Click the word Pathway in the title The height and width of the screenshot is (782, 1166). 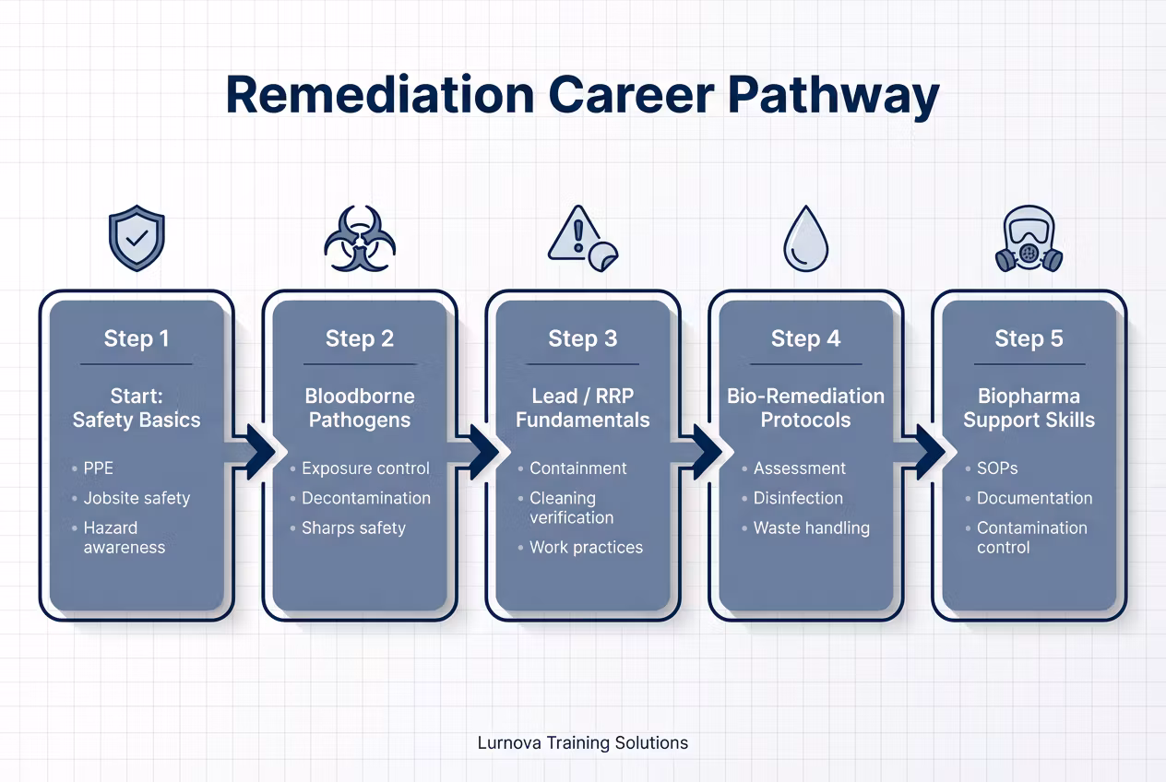click(x=833, y=97)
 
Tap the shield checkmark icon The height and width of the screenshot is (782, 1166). click(x=137, y=238)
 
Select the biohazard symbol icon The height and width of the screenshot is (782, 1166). click(x=360, y=238)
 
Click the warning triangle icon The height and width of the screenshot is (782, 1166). click(x=582, y=238)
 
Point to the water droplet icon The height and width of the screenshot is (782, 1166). click(x=806, y=238)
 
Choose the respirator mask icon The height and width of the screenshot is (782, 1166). click(x=1029, y=238)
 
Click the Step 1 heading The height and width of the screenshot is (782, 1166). click(x=137, y=338)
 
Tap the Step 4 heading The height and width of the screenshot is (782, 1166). click(x=806, y=338)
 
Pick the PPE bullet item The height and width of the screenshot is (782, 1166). click(x=99, y=468)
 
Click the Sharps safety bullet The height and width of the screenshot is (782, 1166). click(x=353, y=528)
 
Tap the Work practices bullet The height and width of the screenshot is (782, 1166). click(x=586, y=548)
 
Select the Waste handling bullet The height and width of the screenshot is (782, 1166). click(x=812, y=528)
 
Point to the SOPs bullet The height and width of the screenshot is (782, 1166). click(x=997, y=468)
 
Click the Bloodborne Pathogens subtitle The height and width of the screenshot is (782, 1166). click(x=360, y=408)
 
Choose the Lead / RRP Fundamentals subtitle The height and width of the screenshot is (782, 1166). click(x=582, y=408)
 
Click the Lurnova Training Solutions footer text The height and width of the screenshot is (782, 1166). click(x=582, y=743)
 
